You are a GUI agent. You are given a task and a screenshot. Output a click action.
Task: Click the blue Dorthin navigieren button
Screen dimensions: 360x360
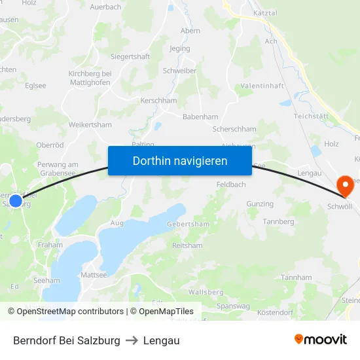point(180,160)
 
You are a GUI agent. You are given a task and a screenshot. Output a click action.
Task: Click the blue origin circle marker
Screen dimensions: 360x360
point(15,200)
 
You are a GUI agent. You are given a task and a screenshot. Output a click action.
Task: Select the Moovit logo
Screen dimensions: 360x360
point(321,340)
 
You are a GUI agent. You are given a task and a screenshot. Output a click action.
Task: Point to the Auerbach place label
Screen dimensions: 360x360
point(105,7)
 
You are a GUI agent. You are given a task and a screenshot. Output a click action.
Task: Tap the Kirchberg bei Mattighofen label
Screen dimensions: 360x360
point(90,79)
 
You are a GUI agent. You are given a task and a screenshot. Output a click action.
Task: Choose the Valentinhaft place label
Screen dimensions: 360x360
point(262,86)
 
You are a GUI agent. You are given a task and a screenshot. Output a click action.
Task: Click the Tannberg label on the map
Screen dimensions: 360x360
point(278,222)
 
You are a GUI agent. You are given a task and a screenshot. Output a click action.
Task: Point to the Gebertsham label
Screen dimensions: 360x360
point(189,224)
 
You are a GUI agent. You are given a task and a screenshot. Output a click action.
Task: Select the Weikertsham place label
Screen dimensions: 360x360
point(90,125)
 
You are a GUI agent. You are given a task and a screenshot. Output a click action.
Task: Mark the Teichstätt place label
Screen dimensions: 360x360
point(310,116)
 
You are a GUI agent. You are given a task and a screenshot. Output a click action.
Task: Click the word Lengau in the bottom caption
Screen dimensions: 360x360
point(162,340)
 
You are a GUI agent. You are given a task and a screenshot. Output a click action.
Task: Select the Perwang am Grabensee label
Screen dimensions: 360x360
point(58,169)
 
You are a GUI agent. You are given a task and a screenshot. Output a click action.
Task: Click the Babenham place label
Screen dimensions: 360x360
point(200,117)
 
